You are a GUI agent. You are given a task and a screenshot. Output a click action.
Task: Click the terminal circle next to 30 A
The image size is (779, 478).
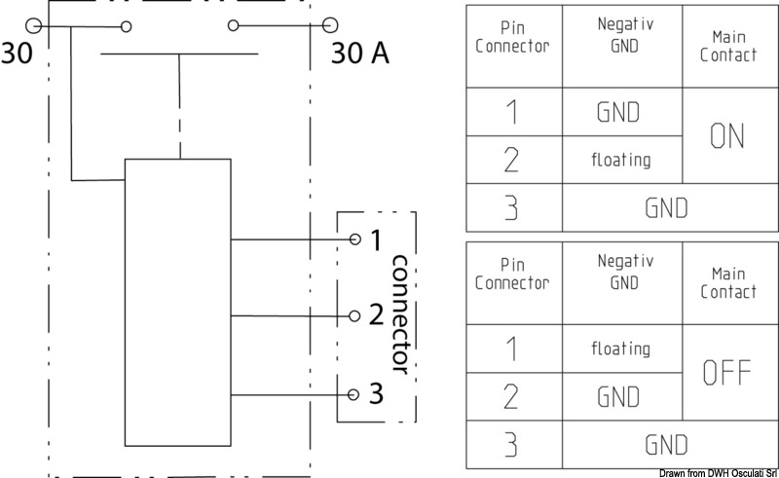[331, 25]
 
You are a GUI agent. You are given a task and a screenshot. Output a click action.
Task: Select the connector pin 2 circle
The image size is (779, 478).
[355, 315]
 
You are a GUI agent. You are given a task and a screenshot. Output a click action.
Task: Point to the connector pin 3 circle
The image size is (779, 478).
[355, 394]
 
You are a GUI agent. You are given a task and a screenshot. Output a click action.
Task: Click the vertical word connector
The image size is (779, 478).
[399, 314]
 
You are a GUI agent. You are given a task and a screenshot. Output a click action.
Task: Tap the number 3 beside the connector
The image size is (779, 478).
[377, 394]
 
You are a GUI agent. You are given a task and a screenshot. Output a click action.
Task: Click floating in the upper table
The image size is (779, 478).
[621, 160]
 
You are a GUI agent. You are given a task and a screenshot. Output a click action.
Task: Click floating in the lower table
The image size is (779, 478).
[621, 348]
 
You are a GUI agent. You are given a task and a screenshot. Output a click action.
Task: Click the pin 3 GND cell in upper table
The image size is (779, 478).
[667, 207]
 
